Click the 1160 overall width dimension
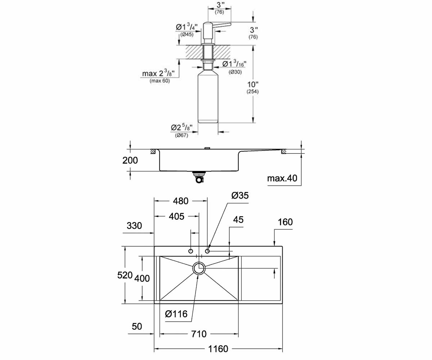click(x=218, y=349)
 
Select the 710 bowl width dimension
click(x=199, y=334)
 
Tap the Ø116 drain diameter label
click(x=176, y=314)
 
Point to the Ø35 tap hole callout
click(x=240, y=195)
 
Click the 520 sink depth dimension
click(x=125, y=275)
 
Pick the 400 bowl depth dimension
click(x=142, y=279)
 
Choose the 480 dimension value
click(x=181, y=201)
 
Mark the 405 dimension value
click(x=176, y=216)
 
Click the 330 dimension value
click(x=134, y=225)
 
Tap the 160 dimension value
click(x=285, y=222)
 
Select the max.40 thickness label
click(x=282, y=178)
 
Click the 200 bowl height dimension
click(x=130, y=160)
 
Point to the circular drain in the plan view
click(x=199, y=268)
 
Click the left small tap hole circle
click(x=191, y=251)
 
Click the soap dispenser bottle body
click(x=208, y=97)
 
